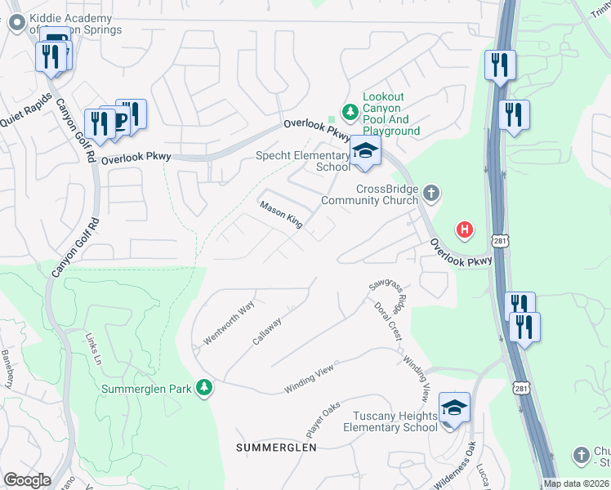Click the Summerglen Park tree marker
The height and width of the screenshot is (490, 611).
coord(206,388)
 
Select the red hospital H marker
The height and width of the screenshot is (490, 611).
coord(465,230)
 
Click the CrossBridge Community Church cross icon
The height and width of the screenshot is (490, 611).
coord(432,194)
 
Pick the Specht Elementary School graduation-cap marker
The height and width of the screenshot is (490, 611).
coord(365,151)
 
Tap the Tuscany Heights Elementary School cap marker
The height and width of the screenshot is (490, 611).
coord(454,407)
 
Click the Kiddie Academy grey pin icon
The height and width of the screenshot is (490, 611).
coord(16,24)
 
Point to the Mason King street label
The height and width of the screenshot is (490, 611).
coord(281,215)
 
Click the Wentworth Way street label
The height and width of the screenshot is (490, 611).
coord(230,324)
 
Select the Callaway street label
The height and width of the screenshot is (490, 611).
coord(267,331)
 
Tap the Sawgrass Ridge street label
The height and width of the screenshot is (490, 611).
coord(387,292)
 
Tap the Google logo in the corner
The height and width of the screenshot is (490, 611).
coord(27,480)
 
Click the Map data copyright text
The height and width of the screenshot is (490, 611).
coord(577,483)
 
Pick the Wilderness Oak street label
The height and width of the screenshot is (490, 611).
coord(455,464)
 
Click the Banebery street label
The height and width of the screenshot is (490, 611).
coord(7,369)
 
